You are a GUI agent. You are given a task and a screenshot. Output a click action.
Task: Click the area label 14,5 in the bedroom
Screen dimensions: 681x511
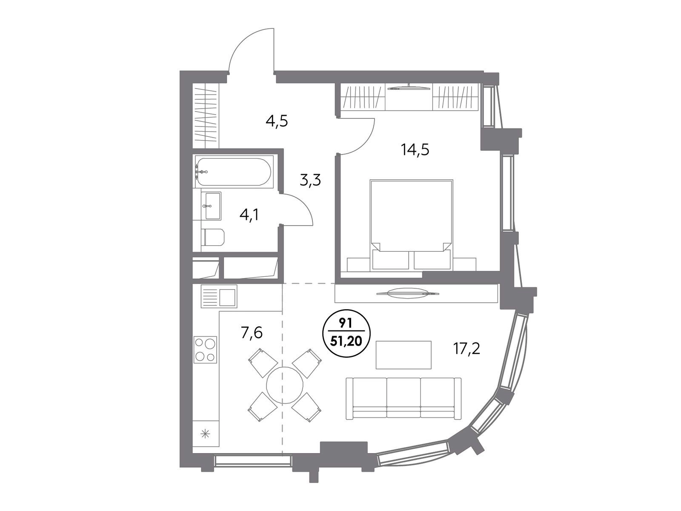[x=415, y=150]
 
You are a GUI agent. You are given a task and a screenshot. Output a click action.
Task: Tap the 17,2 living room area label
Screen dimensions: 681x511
[x=466, y=349]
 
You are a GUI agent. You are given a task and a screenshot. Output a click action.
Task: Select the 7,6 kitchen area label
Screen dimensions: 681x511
[x=252, y=333]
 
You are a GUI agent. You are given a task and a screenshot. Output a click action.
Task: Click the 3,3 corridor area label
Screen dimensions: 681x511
[x=310, y=180]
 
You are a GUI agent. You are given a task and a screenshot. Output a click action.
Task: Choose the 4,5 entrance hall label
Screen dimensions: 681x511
[x=277, y=121]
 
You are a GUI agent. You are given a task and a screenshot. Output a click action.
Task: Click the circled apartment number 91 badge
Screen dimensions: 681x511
[x=346, y=333]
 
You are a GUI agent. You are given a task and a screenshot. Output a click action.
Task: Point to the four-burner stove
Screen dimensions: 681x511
[x=205, y=349]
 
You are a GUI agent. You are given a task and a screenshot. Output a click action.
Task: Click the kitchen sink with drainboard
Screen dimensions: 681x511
[x=219, y=297]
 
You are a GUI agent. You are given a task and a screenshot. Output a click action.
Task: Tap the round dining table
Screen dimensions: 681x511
[x=284, y=385]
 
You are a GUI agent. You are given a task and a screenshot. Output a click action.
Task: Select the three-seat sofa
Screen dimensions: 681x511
[x=403, y=399]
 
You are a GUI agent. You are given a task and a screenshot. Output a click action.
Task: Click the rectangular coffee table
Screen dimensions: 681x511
[x=403, y=355]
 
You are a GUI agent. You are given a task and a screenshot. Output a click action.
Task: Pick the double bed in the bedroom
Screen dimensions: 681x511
[x=412, y=224]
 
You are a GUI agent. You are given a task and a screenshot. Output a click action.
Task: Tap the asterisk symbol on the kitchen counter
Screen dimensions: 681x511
[x=205, y=434]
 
